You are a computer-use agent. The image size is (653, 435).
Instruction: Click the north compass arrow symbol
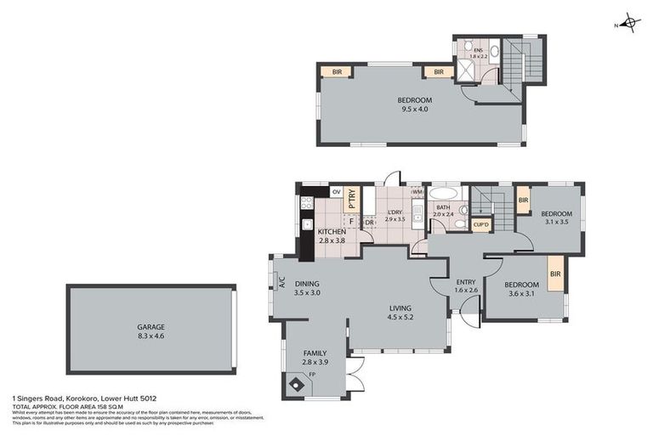(x=630, y=23)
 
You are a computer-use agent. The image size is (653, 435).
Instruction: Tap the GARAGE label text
(x=150, y=326)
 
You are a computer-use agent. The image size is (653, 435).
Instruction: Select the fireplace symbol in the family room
(x=297, y=385)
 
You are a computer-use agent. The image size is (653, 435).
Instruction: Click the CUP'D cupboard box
(x=480, y=225)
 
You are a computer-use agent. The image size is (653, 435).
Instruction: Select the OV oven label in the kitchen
(x=335, y=191)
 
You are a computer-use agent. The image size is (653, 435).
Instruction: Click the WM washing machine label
(x=417, y=192)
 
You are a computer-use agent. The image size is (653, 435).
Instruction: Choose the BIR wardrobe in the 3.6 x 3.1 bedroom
(x=556, y=274)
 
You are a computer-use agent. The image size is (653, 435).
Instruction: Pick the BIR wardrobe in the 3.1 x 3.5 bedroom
(x=524, y=201)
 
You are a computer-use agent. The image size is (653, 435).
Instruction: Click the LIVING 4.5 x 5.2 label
(x=400, y=313)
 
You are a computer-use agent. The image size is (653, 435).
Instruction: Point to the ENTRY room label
(x=465, y=283)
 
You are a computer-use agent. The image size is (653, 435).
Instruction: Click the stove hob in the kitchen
(x=306, y=204)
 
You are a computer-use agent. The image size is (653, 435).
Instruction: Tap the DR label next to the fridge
(x=369, y=223)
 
